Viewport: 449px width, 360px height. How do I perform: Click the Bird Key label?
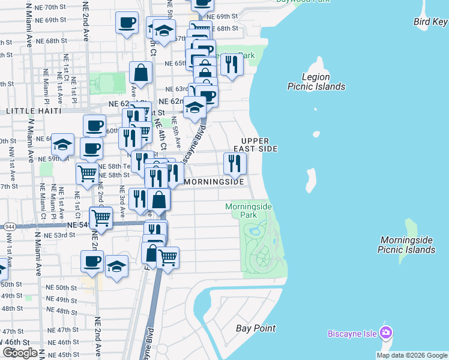tap(430, 22)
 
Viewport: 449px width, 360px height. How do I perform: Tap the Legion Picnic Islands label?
tap(316, 82)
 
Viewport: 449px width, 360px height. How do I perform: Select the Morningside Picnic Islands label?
tap(407, 245)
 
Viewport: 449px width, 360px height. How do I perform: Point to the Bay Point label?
tap(256, 328)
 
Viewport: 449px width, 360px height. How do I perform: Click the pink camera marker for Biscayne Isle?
tap(386, 332)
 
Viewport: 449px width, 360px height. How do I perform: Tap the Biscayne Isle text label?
tap(352, 334)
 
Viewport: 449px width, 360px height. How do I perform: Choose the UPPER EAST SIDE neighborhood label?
tap(259, 144)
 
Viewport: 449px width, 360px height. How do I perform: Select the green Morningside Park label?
tap(249, 211)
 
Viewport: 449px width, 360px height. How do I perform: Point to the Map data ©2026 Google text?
tap(412, 355)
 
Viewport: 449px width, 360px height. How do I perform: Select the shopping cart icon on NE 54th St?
tap(100, 217)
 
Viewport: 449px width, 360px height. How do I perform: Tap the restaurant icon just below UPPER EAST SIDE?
tap(235, 163)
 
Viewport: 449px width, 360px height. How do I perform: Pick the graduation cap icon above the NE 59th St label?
tap(62, 144)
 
